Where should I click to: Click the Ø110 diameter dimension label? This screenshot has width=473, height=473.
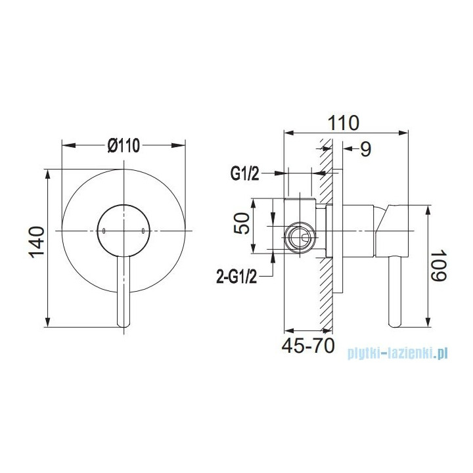pyautogui.click(x=124, y=145)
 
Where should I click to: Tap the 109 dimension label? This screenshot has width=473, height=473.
pyautogui.click(x=438, y=265)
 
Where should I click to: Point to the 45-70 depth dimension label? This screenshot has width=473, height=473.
pyautogui.click(x=308, y=346)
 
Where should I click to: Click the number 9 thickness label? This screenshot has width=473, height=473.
pyautogui.click(x=366, y=149)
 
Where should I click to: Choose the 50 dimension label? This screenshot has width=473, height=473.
pyautogui.click(x=242, y=223)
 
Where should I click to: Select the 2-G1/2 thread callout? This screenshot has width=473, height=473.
pyautogui.click(x=236, y=277)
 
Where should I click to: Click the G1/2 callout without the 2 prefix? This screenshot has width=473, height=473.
pyautogui.click(x=245, y=173)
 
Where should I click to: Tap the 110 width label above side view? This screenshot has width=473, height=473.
pyautogui.click(x=344, y=123)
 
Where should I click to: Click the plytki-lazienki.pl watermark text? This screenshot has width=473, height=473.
pyautogui.click(x=397, y=353)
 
